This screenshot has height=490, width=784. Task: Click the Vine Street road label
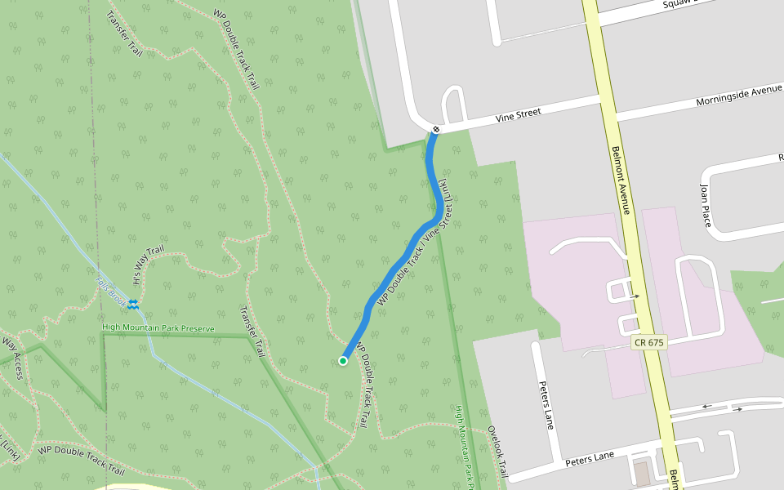click(519, 117)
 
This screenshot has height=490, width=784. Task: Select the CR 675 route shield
click(649, 343)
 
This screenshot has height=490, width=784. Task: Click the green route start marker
click(343, 361)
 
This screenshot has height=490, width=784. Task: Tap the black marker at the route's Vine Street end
click(437, 129)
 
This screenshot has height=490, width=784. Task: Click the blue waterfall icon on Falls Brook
click(132, 305)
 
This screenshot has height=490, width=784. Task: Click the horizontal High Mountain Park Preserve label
click(158, 328)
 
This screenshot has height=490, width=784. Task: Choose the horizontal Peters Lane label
click(589, 461)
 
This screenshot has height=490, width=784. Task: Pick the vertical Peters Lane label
click(546, 404)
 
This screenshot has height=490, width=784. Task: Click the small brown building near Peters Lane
click(642, 474)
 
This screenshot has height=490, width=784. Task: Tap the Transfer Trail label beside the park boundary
click(252, 332)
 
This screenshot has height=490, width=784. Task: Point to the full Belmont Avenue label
click(621, 180)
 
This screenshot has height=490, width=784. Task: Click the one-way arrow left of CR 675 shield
click(635, 296)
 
